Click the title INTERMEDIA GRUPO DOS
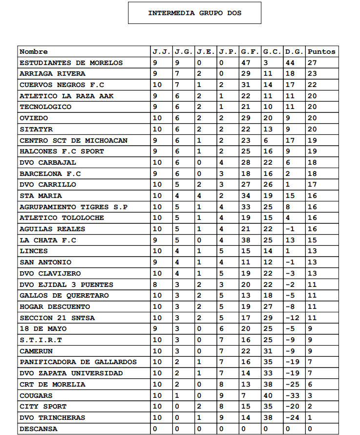(194, 13)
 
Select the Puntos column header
(321, 51)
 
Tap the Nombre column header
(34, 51)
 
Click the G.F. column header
(250, 51)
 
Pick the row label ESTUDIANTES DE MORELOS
(71, 63)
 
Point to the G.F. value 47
(246, 63)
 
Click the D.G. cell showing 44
(290, 63)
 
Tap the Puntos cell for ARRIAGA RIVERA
(313, 74)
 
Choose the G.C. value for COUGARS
(268, 395)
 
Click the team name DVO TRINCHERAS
(52, 417)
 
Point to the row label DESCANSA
(39, 429)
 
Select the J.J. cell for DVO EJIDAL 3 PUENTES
(155, 284)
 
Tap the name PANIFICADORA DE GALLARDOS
(78, 362)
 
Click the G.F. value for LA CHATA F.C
(246, 240)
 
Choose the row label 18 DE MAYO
(43, 329)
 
